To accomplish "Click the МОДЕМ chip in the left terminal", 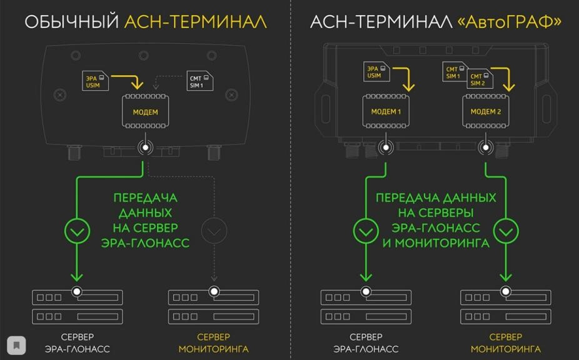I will (x=145, y=112).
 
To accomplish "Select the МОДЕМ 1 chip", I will (x=386, y=112).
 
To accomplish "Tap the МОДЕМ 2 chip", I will (x=485, y=112).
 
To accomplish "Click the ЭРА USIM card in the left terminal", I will (x=96, y=81).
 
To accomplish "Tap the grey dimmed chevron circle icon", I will (x=214, y=231).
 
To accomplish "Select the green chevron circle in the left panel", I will (x=77, y=231).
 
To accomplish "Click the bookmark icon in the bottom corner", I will (x=16, y=345).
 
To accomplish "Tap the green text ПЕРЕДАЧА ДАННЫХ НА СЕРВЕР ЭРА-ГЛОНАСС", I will (x=146, y=221).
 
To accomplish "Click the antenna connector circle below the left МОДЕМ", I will (x=146, y=148).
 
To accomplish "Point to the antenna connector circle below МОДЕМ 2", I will (x=485, y=148).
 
